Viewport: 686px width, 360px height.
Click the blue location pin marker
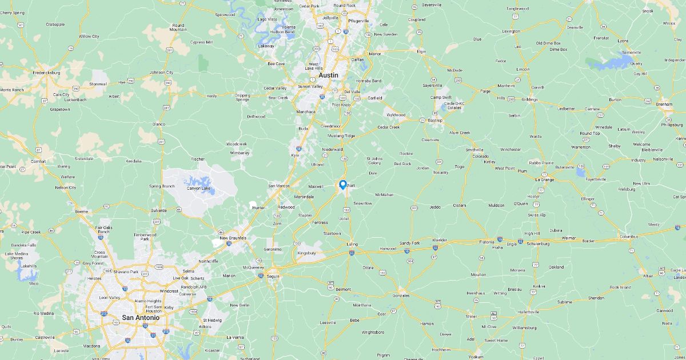click(342, 185)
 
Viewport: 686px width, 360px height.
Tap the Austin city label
click(328, 75)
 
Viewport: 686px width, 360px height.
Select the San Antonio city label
click(137, 318)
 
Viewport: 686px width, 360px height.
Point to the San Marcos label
click(280, 186)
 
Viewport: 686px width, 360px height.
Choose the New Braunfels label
click(232, 238)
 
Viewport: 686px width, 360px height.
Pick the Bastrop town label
click(436, 121)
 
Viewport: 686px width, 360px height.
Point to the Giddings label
click(529, 99)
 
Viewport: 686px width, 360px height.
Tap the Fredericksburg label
click(47, 73)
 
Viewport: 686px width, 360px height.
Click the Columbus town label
click(628, 236)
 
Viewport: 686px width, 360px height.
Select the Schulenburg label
click(538, 243)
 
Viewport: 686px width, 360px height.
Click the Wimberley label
click(240, 153)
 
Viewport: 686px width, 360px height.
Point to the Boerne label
click(82, 212)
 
